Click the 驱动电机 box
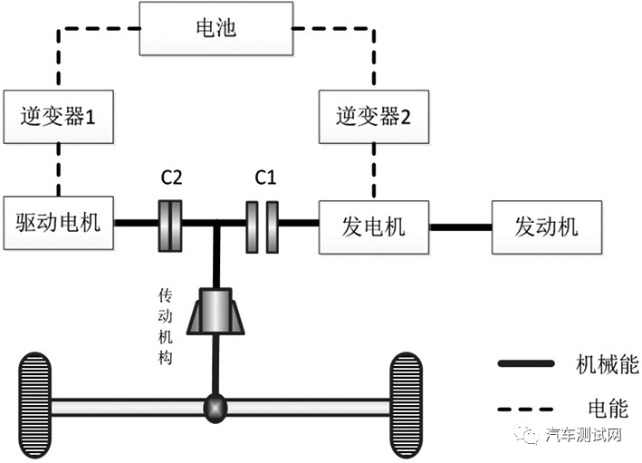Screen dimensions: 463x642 tap(58, 223)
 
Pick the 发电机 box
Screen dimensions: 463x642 tap(372, 224)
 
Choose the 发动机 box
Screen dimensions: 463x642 tap(546, 224)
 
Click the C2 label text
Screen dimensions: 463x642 tap(172, 178)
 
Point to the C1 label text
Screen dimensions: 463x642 tap(264, 178)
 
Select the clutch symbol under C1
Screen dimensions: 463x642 tap(264, 224)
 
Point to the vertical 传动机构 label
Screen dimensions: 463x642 tap(166, 326)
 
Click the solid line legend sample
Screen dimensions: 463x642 tap(525, 363)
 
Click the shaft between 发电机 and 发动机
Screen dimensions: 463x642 tap(459, 224)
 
